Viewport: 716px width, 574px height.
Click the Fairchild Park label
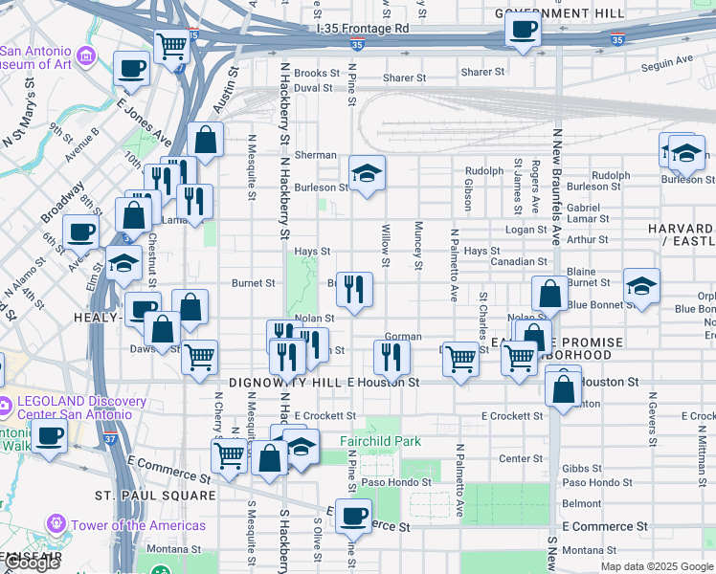point(380,442)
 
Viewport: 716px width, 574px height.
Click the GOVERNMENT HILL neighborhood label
point(560,13)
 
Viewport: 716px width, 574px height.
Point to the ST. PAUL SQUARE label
point(155,496)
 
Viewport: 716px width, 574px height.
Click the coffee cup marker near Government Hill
point(523,29)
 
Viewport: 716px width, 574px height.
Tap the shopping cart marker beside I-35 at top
point(171,44)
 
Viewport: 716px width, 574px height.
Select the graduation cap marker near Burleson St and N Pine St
point(367,173)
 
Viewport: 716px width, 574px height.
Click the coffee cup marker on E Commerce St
point(353,517)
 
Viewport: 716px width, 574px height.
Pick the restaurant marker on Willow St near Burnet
point(355,289)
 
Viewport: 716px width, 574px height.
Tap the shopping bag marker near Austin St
point(205,140)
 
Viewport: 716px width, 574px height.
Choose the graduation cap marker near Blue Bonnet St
point(641,285)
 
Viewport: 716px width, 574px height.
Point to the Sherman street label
point(315,155)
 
